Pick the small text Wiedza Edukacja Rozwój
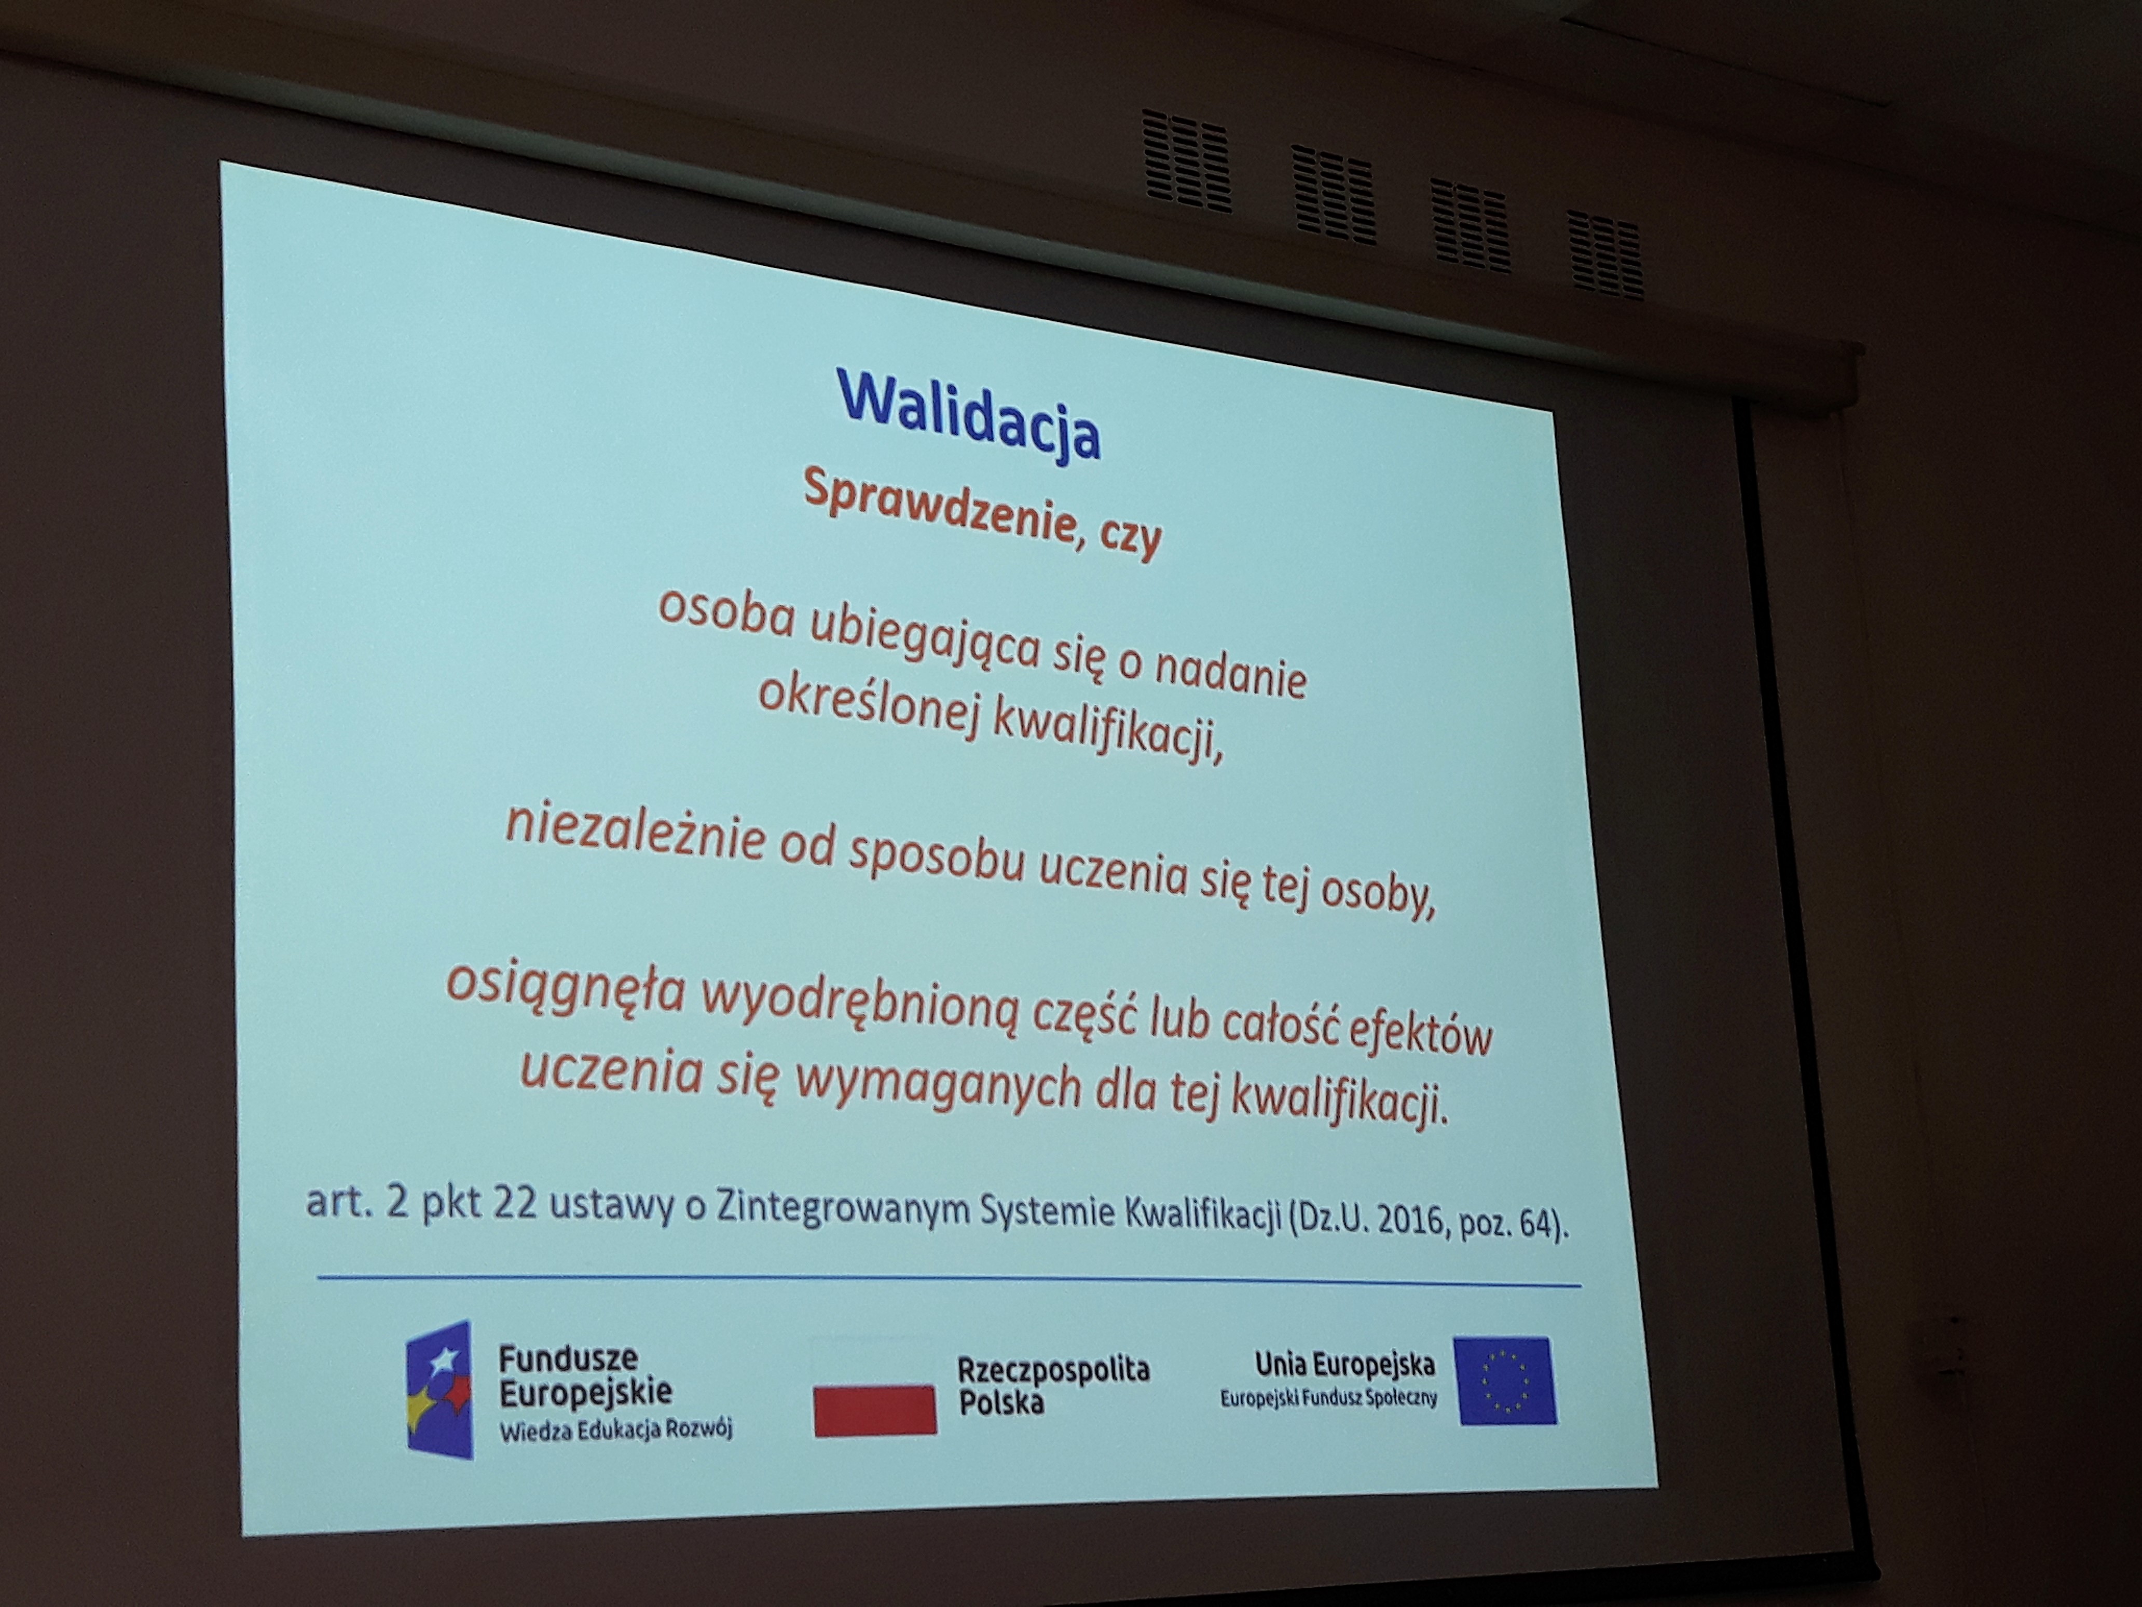point(616,1429)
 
